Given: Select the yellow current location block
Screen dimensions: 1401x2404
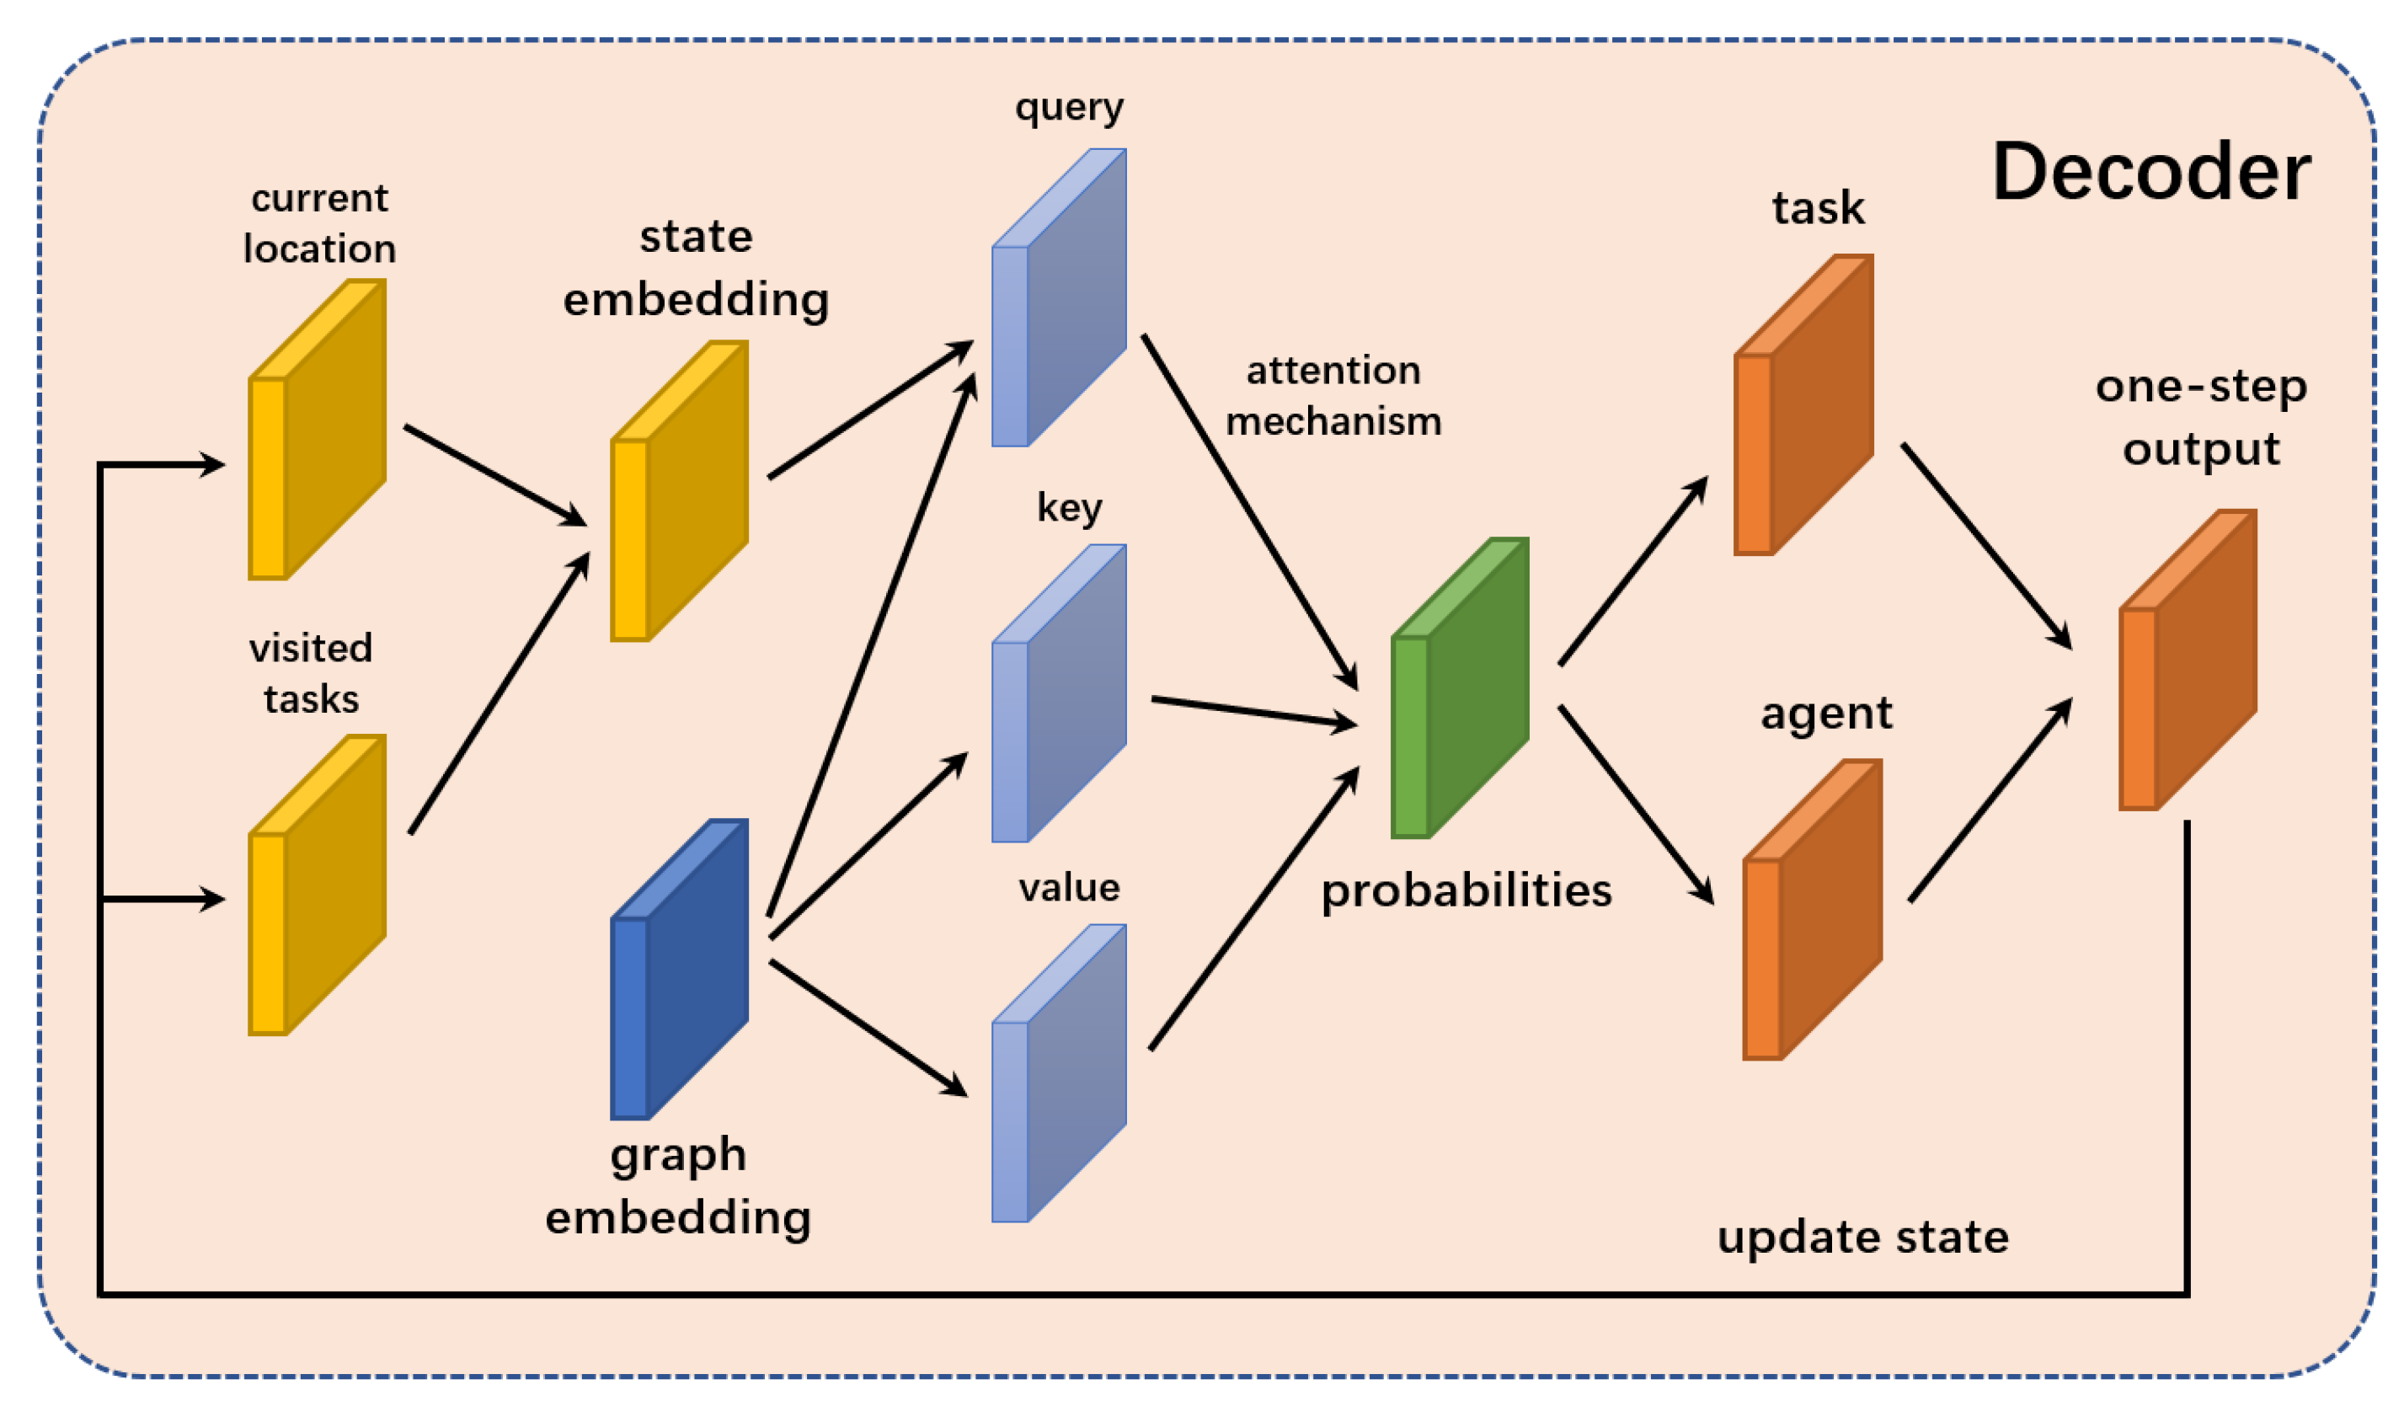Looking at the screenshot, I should click(318, 430).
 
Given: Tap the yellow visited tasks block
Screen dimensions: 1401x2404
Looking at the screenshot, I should click(318, 885).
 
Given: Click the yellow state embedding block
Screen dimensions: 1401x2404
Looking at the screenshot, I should click(679, 491).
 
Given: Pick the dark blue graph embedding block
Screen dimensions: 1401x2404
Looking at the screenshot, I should click(679, 969).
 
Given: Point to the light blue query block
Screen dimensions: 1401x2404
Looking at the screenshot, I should click(1059, 297).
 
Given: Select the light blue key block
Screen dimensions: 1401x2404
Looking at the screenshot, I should click(1059, 694).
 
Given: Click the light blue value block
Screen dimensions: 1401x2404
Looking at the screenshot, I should click(1059, 1073).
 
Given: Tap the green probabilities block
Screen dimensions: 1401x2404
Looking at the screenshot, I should click(1460, 687).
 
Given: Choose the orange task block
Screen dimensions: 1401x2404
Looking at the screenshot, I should click(1803, 404).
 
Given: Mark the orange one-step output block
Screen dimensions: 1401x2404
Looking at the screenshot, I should click(2187, 660).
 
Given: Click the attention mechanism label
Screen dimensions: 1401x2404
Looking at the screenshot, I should click(1333, 396).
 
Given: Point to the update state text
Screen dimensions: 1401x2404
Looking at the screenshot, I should click(1862, 1237).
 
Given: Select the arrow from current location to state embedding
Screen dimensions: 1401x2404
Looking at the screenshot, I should click(494, 475).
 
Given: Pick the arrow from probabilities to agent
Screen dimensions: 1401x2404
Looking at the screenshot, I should click(1635, 805).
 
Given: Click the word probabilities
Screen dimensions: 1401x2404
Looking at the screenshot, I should click(1466, 890).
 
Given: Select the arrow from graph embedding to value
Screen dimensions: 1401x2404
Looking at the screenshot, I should click(868, 1028).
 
